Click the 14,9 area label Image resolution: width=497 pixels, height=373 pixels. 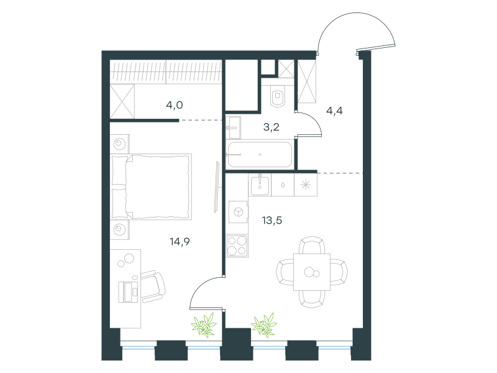click(180, 242)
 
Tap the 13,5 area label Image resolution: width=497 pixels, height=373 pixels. click(272, 220)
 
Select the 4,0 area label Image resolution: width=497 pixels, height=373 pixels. click(175, 105)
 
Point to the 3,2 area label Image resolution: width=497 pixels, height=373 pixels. click(271, 127)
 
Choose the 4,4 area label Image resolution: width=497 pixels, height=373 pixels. click(334, 111)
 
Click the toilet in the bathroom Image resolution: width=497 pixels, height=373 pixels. click(278, 96)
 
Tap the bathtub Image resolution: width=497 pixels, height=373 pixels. click(260, 154)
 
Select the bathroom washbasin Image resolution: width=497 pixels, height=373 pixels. click(234, 127)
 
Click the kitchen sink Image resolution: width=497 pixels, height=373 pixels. click(260, 185)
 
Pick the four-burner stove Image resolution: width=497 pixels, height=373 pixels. click(237, 246)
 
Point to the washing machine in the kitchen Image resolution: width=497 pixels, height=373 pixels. click(238, 212)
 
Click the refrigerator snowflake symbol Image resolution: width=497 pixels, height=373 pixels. click(306, 185)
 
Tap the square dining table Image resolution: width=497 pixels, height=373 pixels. click(312, 272)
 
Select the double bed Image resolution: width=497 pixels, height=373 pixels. click(151, 187)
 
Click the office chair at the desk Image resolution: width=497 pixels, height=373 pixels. click(152, 287)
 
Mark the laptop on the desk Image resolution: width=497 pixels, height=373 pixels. click(129, 292)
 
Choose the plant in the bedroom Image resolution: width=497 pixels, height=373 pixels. click(204, 325)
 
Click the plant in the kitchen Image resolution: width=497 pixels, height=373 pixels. click(263, 325)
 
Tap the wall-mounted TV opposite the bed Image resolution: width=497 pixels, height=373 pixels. click(217, 187)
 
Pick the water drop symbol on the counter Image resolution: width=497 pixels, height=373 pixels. click(283, 185)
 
